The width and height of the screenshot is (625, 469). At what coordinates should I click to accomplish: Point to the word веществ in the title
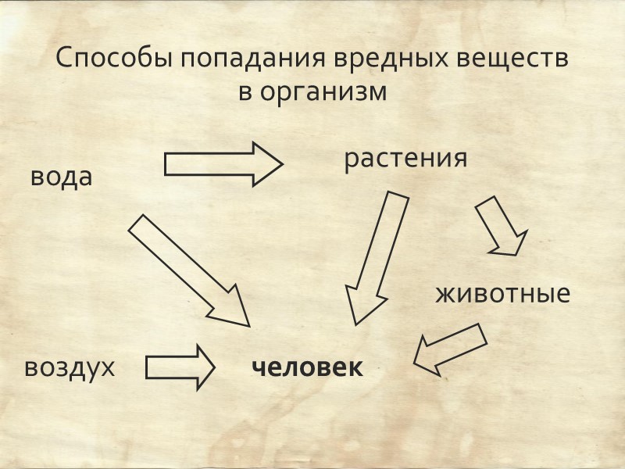point(516,60)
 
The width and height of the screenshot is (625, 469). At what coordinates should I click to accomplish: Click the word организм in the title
point(323,91)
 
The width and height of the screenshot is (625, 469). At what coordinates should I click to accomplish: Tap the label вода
point(62,176)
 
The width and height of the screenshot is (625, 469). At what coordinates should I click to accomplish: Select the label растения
point(405,158)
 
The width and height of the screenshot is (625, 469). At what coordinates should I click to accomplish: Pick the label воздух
point(70,367)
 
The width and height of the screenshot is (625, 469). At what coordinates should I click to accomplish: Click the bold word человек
point(307,367)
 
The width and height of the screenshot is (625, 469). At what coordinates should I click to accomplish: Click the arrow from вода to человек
point(187,270)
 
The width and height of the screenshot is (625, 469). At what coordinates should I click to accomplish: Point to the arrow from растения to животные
point(501,226)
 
